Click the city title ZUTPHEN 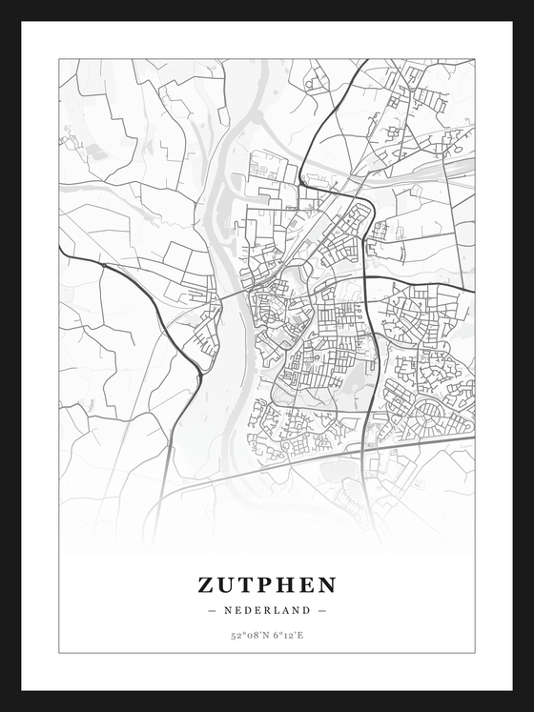tap(267, 583)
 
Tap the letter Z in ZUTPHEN tap(207, 583)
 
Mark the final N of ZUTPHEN tap(327, 583)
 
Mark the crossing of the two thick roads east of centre tap(367, 277)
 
